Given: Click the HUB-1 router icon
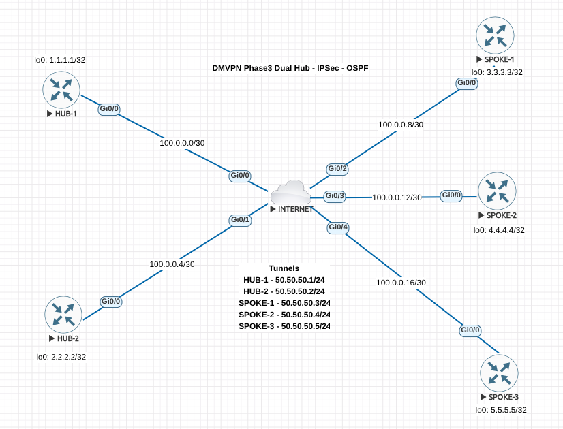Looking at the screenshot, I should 61,89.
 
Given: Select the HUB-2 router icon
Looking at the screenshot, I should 63,314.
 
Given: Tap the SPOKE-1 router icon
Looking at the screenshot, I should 495,35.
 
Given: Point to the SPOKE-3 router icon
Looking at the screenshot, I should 499,372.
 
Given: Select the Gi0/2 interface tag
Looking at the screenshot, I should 337,168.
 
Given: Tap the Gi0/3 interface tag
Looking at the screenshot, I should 335,196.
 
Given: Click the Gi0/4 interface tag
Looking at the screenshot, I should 338,227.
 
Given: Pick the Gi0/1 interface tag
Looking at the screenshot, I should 240,220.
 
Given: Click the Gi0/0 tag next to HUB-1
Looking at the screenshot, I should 110,108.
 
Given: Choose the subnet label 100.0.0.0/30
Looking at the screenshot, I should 181,143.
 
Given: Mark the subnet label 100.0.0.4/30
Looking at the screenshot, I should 172,264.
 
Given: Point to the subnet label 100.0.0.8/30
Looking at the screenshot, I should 401,125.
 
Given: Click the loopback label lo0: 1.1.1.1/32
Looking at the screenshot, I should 60,60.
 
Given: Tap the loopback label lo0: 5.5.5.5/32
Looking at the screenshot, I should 501,410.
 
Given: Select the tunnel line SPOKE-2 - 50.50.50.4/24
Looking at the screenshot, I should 284,315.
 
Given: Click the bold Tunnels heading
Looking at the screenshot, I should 284,268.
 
